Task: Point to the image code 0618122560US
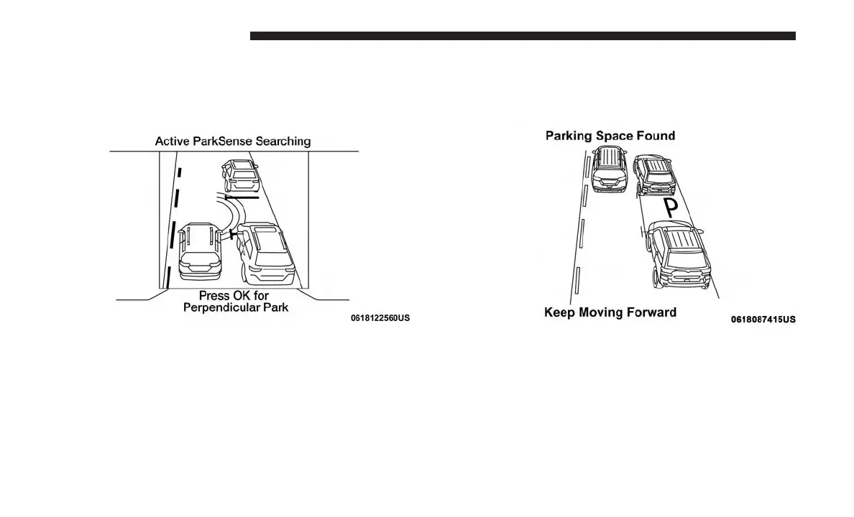[380, 317]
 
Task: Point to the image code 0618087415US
[763, 320]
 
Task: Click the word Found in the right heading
[654, 136]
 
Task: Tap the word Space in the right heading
[610, 136]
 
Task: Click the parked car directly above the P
[654, 176]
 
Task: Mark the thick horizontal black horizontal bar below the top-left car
[242, 195]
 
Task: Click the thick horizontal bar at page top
[523, 36]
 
